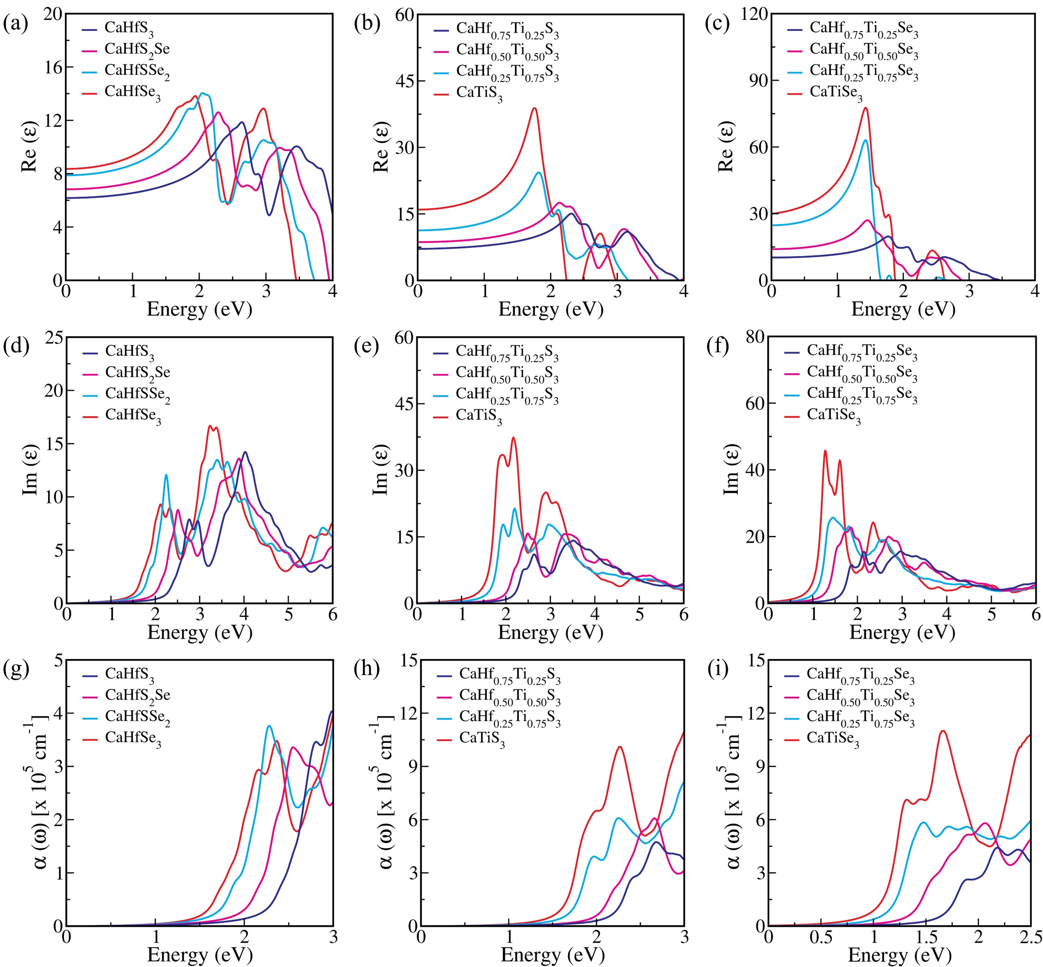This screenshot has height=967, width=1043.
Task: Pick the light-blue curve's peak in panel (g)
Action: point(269,726)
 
